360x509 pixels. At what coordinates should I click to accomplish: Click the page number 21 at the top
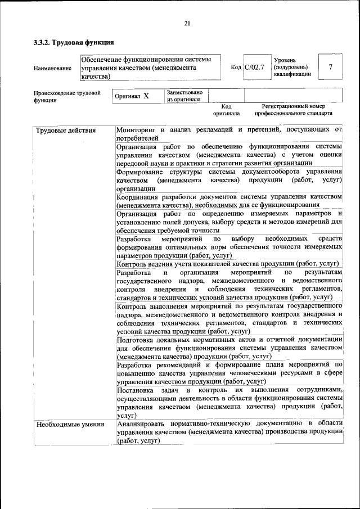point(187,23)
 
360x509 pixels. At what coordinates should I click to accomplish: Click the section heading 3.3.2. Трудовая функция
point(74,42)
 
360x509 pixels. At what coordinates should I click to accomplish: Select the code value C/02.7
point(254,67)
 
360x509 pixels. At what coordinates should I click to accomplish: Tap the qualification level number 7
point(330,67)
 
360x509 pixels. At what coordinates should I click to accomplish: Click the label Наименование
point(52,69)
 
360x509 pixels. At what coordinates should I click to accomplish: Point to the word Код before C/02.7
point(236,67)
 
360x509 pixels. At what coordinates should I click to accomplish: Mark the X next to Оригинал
point(146,96)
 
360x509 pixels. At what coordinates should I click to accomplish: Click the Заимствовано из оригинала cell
point(184,96)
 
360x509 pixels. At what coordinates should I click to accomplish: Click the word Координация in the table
point(138,196)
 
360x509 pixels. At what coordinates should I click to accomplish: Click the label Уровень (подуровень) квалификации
point(291,67)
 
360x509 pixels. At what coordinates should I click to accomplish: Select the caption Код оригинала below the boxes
point(226,109)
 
